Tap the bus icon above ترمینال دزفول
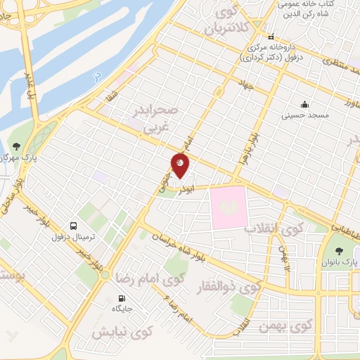[x=73, y=226]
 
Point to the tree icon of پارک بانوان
[x=342, y=249]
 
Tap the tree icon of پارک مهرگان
[x=15, y=146]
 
